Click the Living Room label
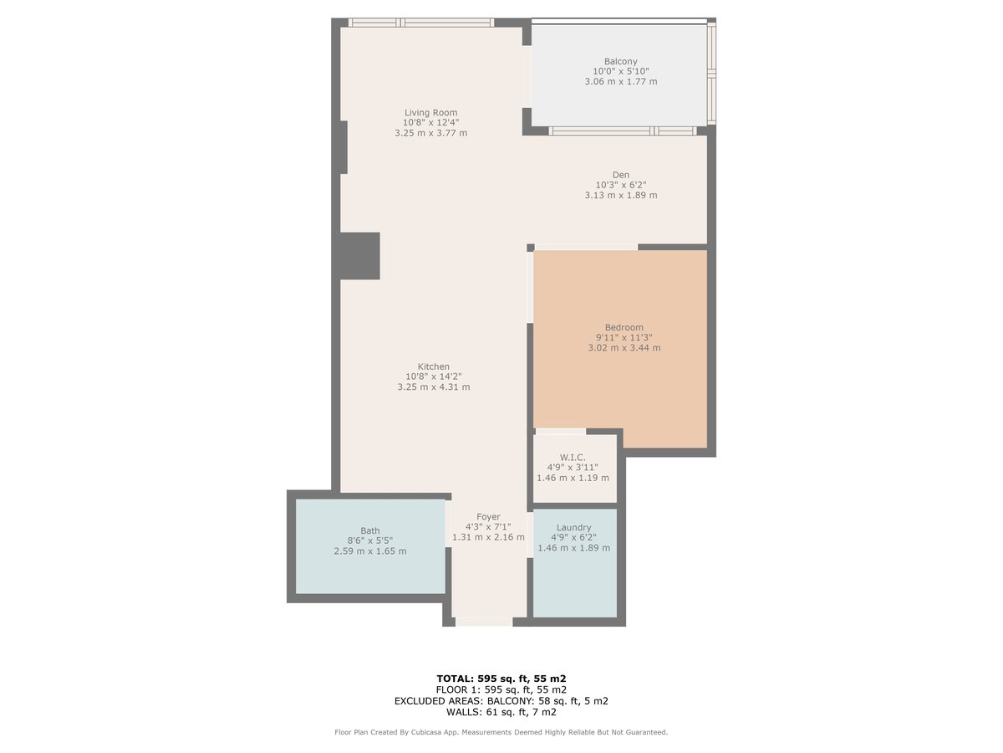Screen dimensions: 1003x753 430,112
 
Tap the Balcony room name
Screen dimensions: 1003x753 620,61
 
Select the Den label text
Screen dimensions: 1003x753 620,175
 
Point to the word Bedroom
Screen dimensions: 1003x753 624,327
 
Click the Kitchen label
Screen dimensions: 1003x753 433,366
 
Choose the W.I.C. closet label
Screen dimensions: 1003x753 573,457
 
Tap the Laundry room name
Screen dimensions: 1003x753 573,528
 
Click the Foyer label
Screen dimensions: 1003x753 488,516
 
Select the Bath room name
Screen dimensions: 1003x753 369,530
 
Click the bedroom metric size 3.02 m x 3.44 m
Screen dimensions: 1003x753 624,347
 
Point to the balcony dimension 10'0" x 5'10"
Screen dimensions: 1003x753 620,71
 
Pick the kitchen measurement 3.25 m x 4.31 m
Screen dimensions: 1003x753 433,387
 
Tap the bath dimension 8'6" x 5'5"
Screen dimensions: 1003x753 369,540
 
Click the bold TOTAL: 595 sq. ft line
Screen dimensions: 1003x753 501,679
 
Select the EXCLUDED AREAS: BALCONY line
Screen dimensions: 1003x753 501,701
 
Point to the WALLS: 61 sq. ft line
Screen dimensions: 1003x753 501,712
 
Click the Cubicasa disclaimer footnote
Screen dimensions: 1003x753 501,732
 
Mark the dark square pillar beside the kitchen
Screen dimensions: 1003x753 359,256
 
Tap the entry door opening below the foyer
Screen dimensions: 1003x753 484,622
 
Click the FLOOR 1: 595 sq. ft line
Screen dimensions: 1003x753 501,690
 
